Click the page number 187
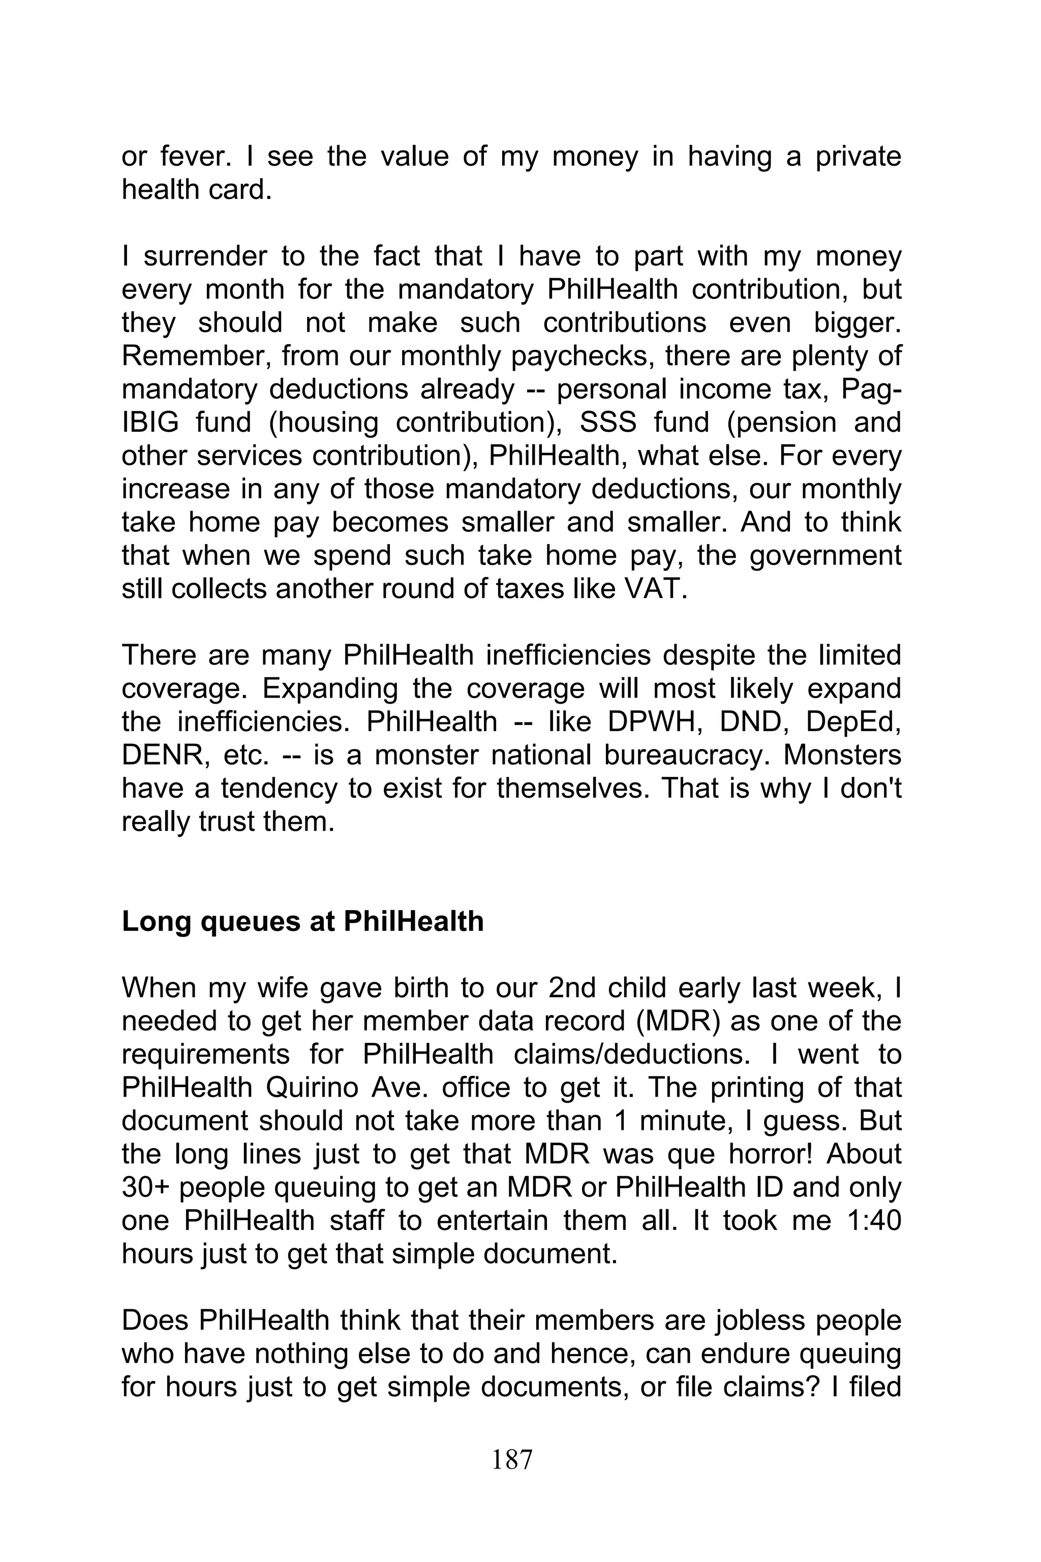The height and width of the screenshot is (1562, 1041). [x=512, y=1459]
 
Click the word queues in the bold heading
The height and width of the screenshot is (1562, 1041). [x=250, y=922]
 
